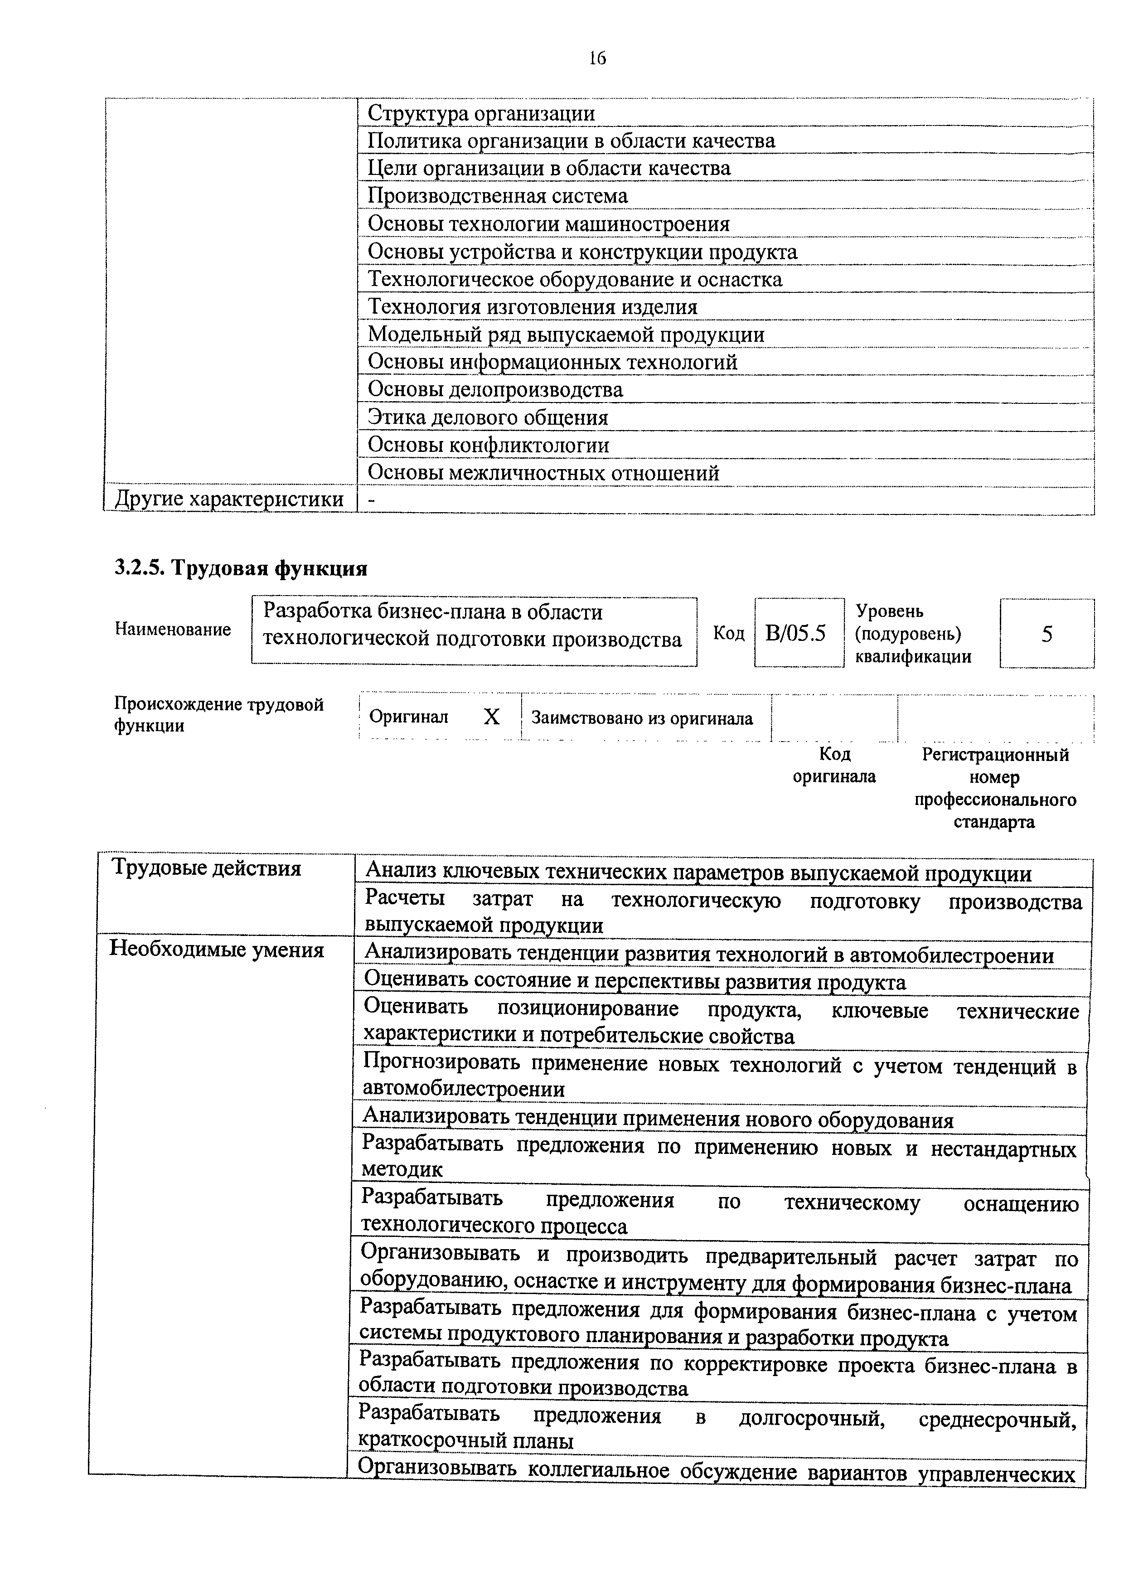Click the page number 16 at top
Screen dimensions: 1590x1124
coord(597,58)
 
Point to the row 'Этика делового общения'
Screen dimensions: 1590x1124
coord(488,417)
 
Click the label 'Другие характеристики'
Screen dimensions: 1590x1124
coord(228,499)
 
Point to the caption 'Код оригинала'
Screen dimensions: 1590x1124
coord(834,765)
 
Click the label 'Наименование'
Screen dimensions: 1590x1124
coord(172,630)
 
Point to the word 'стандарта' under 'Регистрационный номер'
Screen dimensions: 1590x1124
coord(994,822)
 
